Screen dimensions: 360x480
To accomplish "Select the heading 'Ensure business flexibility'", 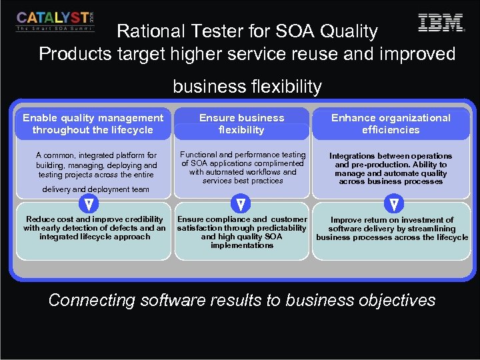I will [241, 124].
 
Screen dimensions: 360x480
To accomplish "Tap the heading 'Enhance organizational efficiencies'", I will [391, 124].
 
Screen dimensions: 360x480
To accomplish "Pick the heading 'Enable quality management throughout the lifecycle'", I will [93, 124].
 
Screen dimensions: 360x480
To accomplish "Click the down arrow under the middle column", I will [241, 203].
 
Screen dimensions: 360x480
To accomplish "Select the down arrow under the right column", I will [394, 203].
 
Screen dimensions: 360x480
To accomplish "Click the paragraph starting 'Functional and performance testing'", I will [243, 167].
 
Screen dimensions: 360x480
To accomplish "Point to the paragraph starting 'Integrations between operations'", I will [391, 169].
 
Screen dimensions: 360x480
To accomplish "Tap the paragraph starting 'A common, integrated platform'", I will [96, 165].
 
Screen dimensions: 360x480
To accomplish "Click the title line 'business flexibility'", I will [247, 87].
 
